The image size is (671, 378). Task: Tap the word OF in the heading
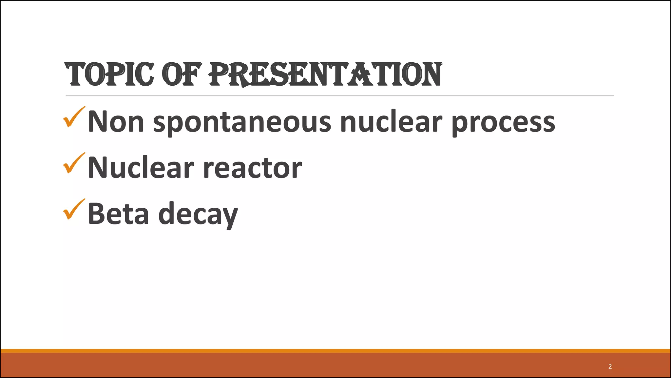[x=181, y=74]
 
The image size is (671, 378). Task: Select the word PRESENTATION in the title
[x=326, y=74]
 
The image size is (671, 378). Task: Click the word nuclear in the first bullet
[x=392, y=122]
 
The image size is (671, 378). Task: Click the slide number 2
[x=610, y=367]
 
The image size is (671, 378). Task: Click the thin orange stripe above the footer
[x=335, y=351]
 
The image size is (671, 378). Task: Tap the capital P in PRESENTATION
[x=219, y=74]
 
